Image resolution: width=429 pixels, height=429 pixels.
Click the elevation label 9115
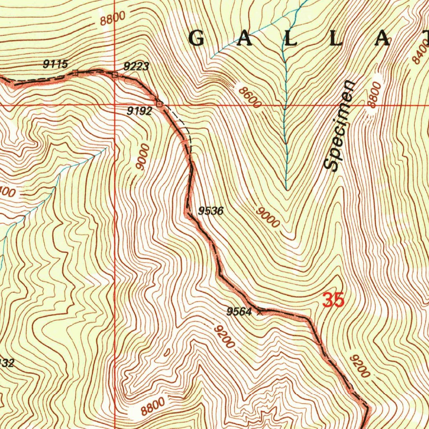[55, 64]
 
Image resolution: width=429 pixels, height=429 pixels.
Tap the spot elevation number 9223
[136, 66]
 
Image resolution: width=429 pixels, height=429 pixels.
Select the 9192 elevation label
[140, 111]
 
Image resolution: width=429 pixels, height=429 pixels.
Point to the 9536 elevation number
[211, 211]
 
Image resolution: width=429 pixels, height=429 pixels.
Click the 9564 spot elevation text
[239, 311]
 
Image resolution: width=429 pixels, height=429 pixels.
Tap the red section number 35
[334, 300]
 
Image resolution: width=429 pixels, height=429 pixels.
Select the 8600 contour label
[249, 96]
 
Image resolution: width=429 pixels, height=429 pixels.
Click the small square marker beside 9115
[75, 73]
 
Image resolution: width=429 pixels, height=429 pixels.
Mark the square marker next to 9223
[115, 75]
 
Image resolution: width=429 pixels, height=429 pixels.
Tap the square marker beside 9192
[159, 103]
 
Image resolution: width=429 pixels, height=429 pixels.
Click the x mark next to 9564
[261, 311]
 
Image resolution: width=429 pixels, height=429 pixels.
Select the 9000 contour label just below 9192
[143, 157]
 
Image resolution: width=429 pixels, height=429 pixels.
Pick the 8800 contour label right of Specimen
[374, 95]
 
